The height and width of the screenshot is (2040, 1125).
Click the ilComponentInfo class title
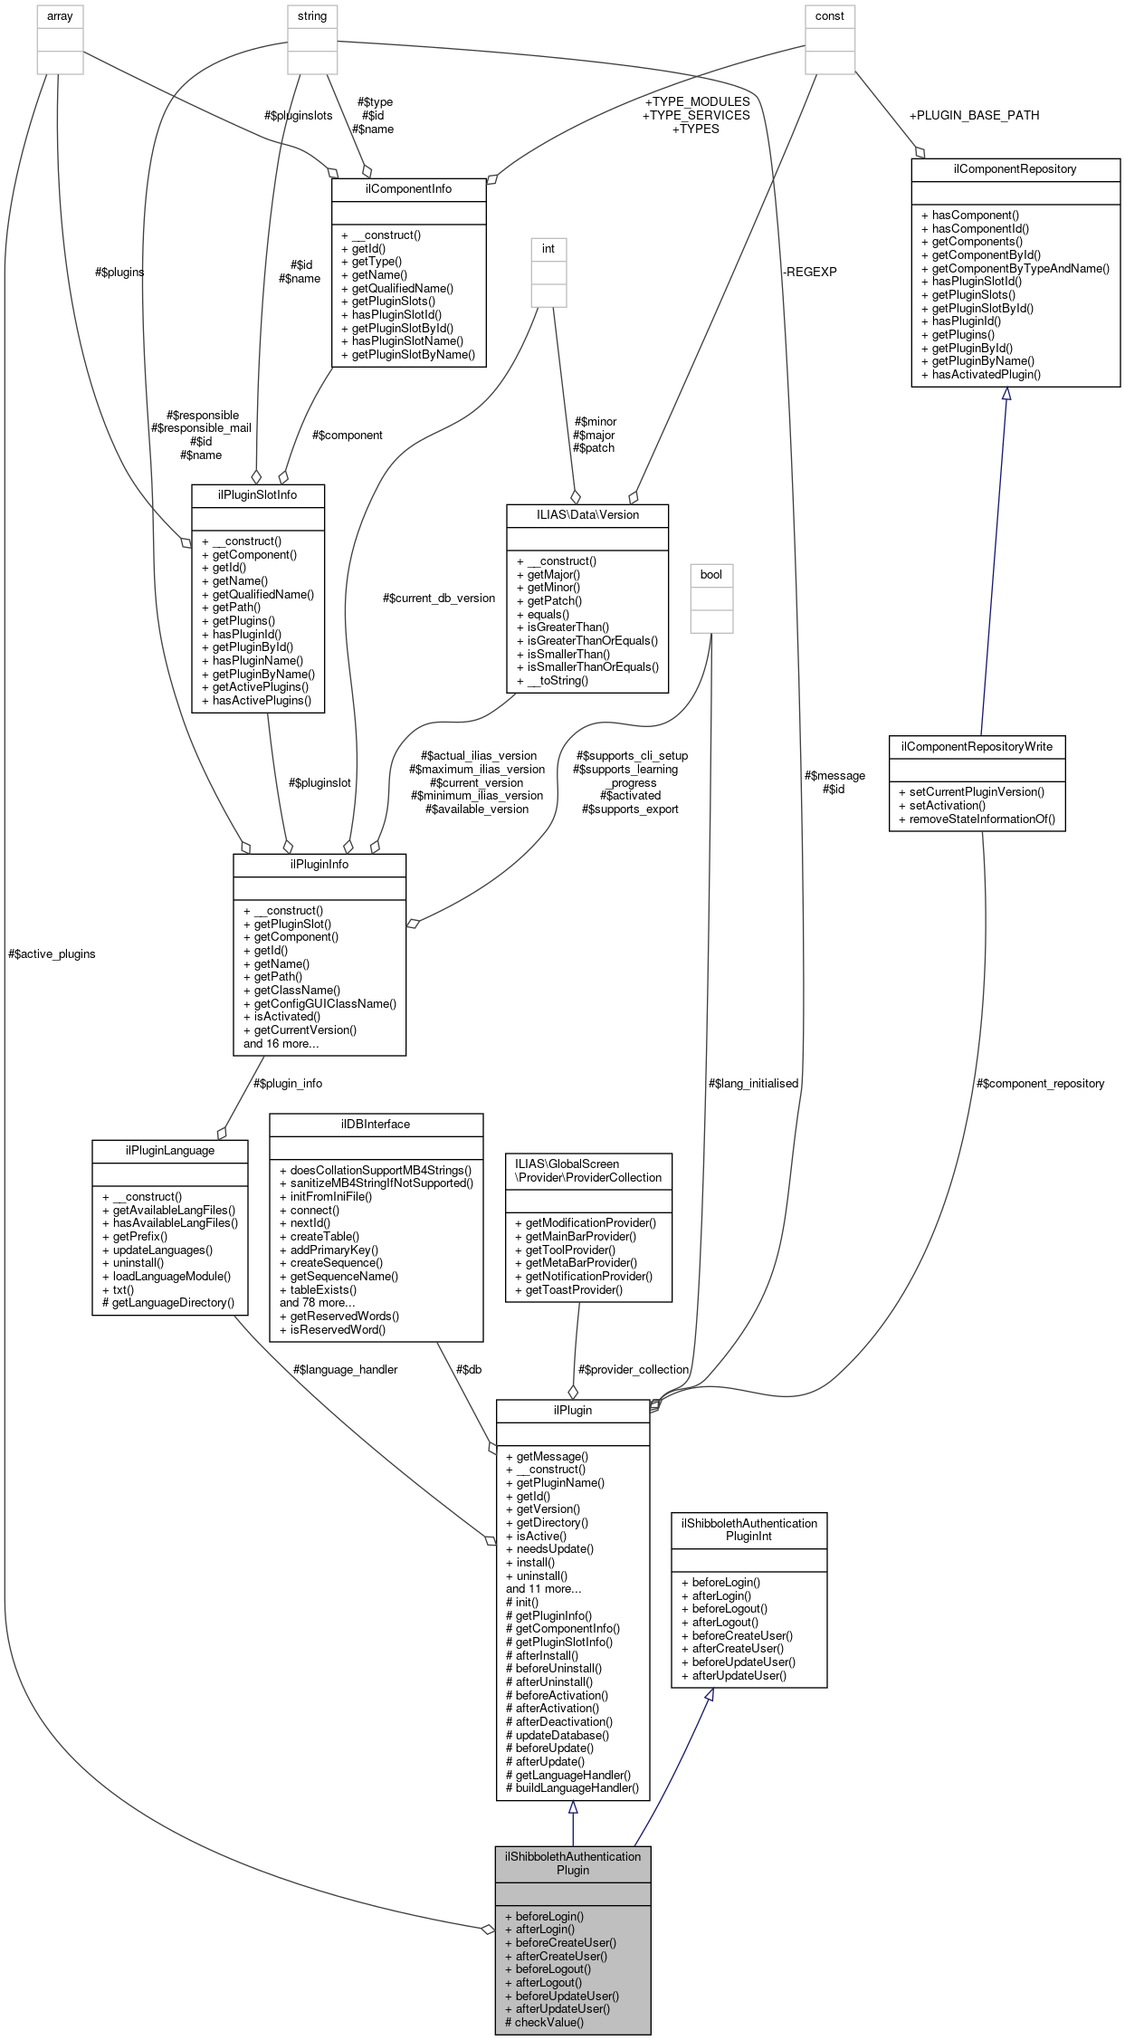click(x=408, y=188)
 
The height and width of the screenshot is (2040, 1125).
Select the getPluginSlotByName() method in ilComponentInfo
click(x=413, y=354)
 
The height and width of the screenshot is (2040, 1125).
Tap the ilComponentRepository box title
click(x=1015, y=168)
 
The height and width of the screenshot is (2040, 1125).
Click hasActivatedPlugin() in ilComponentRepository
click(x=986, y=374)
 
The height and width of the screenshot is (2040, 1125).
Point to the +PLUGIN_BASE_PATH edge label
click(x=974, y=115)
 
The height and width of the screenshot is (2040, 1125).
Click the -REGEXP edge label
click(x=810, y=272)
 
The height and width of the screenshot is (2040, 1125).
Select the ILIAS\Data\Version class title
click(x=587, y=514)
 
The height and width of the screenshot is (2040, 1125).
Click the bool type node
click(x=711, y=574)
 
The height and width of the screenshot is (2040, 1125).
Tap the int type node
click(x=548, y=248)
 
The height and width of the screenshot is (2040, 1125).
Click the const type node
click(x=829, y=16)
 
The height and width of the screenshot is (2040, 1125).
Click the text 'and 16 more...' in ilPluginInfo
click(x=281, y=1043)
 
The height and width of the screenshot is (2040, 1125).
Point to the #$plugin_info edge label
click(x=288, y=1083)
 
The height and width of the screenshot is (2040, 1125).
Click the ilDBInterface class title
click(x=376, y=1124)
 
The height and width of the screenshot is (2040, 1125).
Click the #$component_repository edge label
click(x=1040, y=1083)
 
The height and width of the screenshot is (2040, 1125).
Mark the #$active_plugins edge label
click(x=52, y=953)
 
